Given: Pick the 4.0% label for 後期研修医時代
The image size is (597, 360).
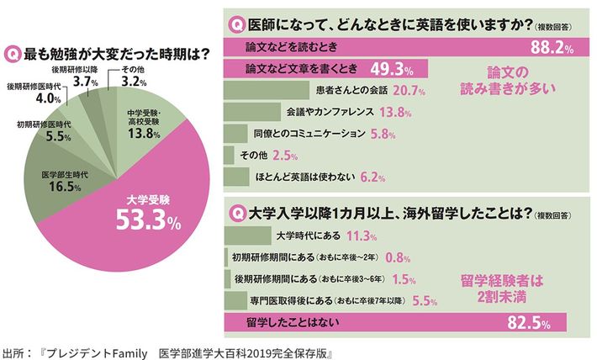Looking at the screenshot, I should point(31,98).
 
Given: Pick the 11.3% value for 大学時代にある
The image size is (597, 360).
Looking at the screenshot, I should point(349,236).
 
